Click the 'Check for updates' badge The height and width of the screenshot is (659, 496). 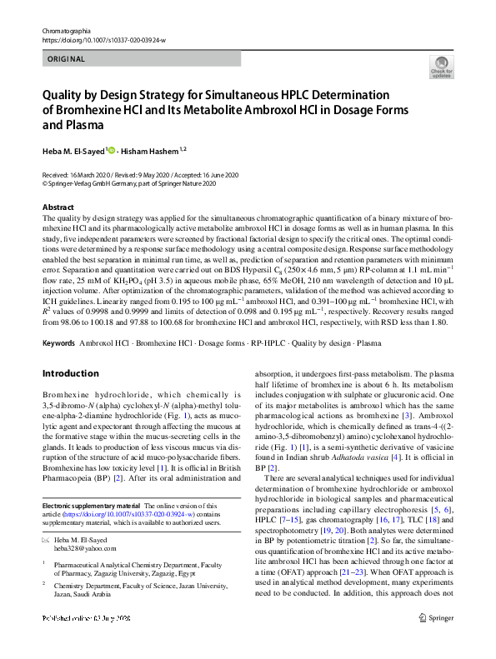439,67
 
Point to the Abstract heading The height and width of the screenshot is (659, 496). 58,207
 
